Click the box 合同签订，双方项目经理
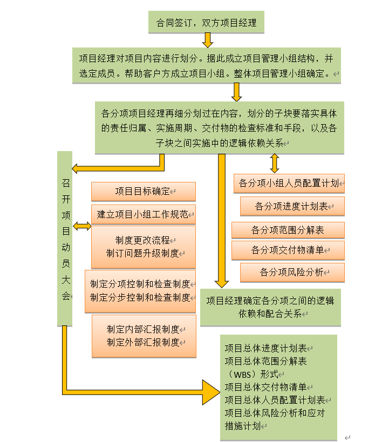click(x=206, y=23)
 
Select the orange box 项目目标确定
click(x=143, y=192)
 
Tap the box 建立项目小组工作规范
click(x=143, y=214)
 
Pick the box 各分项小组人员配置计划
click(x=289, y=183)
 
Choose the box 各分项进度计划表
click(x=292, y=206)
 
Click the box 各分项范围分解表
click(x=288, y=230)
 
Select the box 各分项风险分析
click(x=292, y=273)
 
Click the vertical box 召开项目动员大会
click(x=65, y=239)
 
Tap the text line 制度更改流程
click(x=143, y=240)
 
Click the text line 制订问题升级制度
click(x=143, y=253)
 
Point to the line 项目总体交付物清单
click(x=266, y=387)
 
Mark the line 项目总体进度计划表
click(x=266, y=348)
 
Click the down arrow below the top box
click(x=207, y=39)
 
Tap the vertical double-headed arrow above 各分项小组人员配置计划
click(x=274, y=163)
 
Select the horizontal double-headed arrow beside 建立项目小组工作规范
click(x=82, y=226)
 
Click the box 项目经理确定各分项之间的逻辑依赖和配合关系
click(x=270, y=307)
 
